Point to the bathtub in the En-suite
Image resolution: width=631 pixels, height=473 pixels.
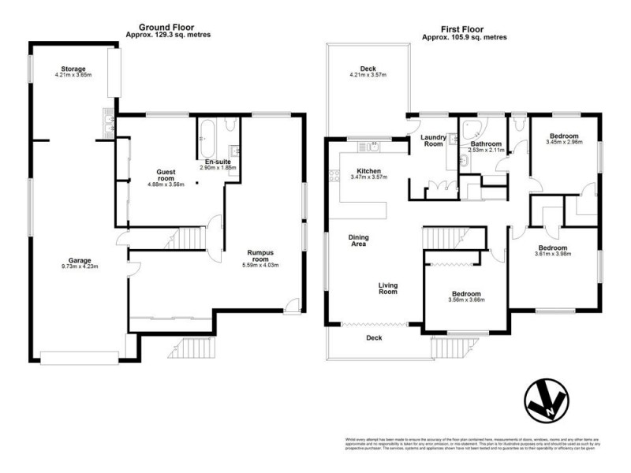[x=207, y=139]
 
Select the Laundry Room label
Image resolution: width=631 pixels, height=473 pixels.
[x=433, y=141]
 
